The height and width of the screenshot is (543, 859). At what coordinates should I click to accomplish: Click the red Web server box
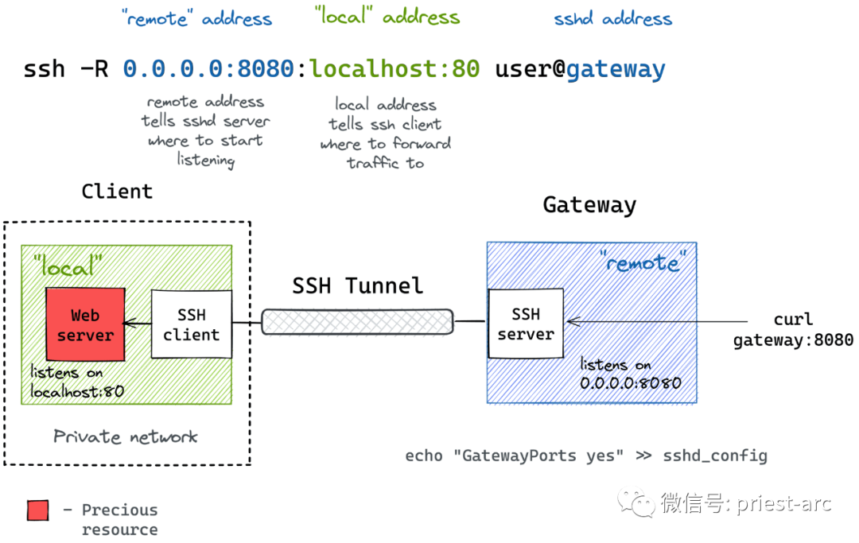click(x=85, y=325)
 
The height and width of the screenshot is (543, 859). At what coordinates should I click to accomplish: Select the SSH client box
click(x=191, y=325)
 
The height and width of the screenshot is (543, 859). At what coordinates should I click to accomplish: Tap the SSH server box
click(x=525, y=324)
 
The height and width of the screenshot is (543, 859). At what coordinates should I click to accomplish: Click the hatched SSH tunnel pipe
click(x=357, y=322)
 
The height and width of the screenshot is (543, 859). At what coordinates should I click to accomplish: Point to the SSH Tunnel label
click(x=357, y=285)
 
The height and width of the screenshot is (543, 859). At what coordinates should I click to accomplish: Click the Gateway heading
click(x=589, y=205)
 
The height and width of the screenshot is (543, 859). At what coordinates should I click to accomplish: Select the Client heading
click(x=117, y=192)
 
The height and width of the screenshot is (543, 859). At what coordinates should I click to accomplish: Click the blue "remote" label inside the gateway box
click(x=642, y=262)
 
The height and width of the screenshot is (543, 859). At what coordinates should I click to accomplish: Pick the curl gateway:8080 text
click(x=792, y=330)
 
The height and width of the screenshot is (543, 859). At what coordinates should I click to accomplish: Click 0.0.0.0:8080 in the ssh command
click(x=208, y=69)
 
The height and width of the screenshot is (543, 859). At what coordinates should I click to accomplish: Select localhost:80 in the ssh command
click(x=395, y=69)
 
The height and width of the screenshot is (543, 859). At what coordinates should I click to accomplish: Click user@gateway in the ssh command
click(x=580, y=69)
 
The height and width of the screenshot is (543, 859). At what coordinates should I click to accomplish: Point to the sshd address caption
click(x=612, y=19)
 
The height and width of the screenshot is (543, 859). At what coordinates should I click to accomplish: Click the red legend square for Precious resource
click(x=37, y=510)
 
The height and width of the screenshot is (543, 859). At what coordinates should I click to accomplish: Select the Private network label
click(x=126, y=436)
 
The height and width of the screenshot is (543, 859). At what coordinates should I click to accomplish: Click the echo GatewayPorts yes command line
click(x=586, y=456)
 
